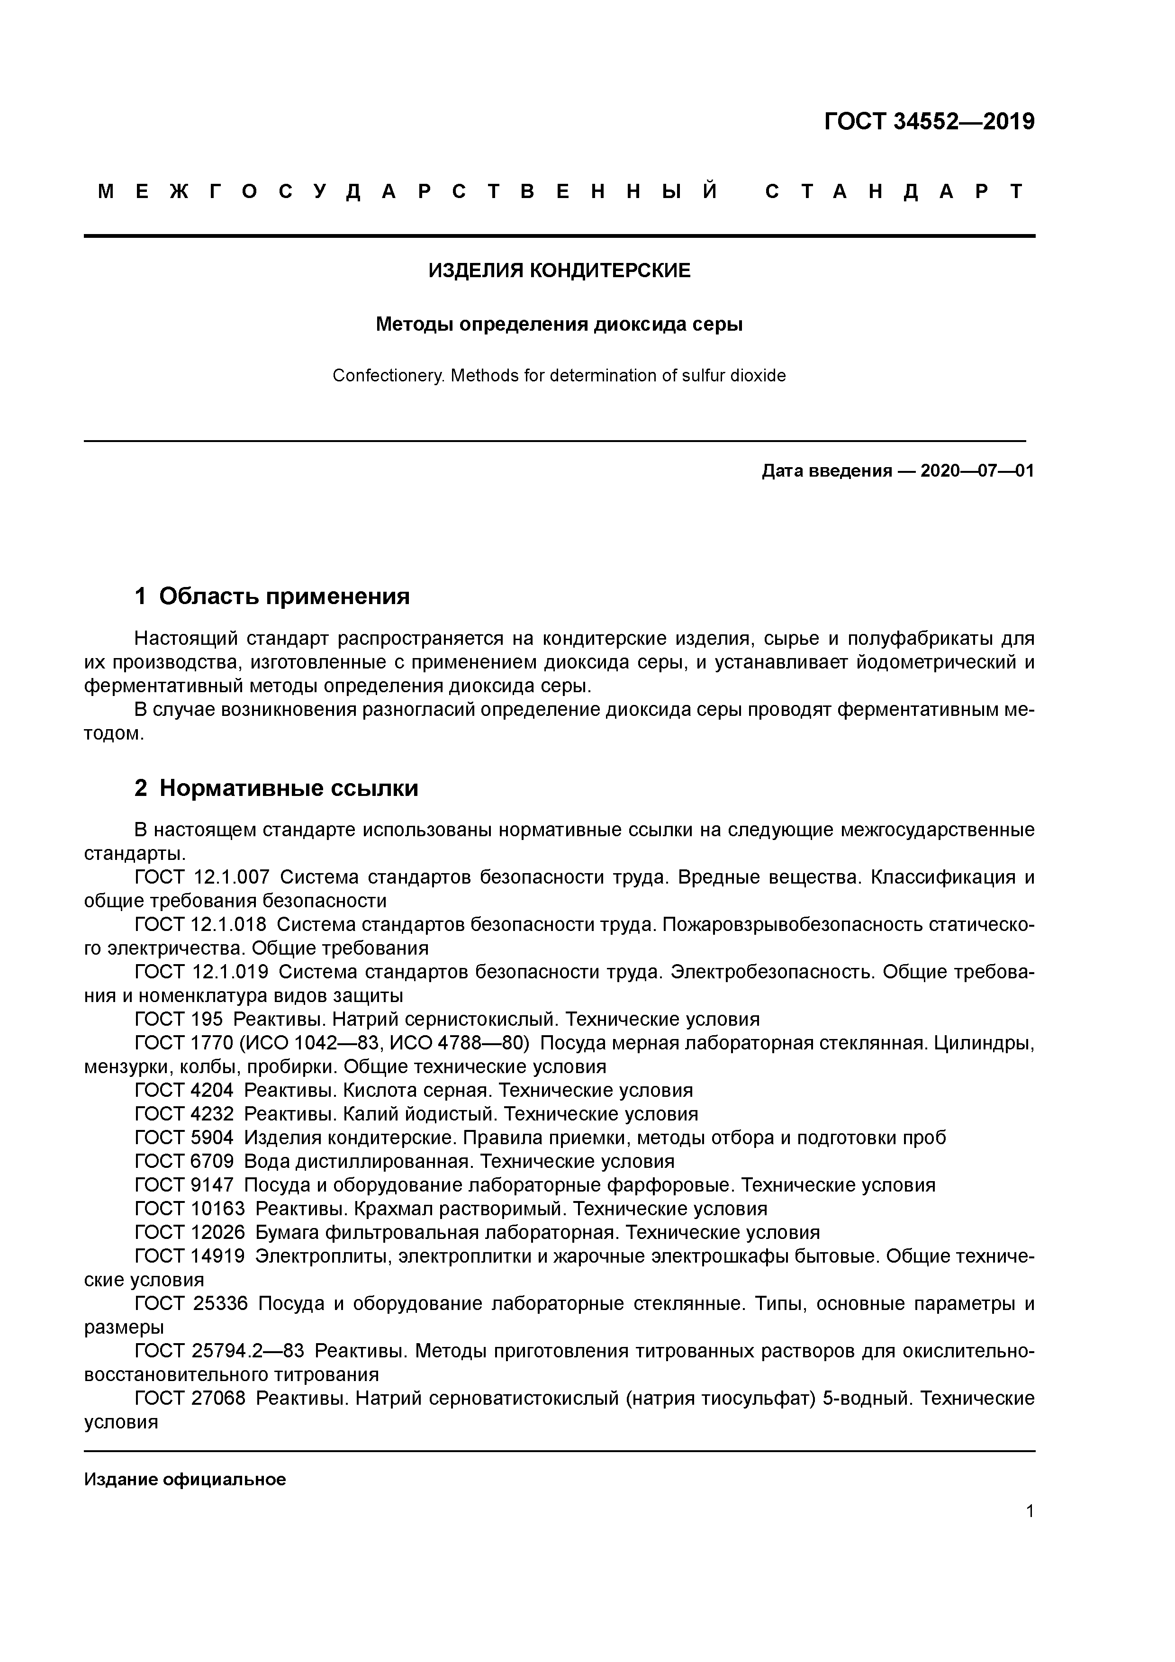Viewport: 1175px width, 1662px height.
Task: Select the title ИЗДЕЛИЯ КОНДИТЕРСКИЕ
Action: click(559, 271)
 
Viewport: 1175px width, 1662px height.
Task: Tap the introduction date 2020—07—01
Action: click(976, 471)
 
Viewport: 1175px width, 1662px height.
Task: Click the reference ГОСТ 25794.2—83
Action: click(219, 1352)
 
